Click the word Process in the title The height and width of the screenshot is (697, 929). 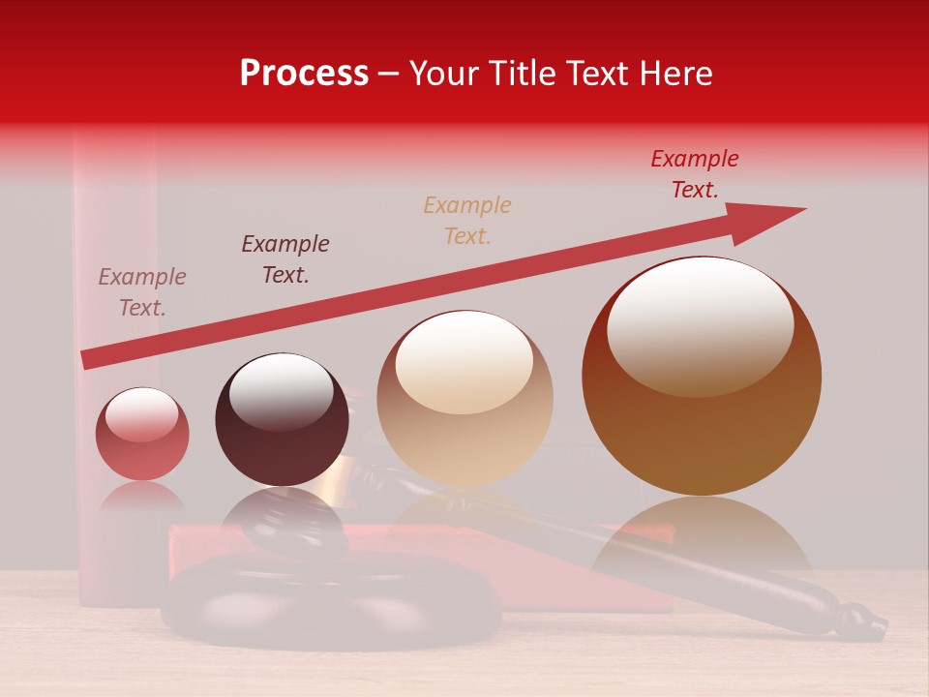304,74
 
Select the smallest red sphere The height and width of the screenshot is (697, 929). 142,434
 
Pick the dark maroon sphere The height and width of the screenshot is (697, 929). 282,419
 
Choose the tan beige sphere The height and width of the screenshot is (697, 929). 464,398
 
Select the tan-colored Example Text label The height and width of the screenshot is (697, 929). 467,220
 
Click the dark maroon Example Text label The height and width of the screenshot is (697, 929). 285,258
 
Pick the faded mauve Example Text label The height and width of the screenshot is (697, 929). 142,291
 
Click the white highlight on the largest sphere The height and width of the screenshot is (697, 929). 700,327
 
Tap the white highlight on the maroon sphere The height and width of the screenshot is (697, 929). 281,390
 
